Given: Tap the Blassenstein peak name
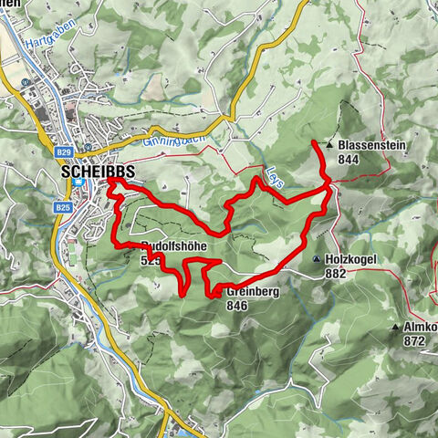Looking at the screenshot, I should tap(370, 145).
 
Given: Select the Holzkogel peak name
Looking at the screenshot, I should tap(350, 259).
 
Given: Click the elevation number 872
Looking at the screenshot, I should tap(415, 340).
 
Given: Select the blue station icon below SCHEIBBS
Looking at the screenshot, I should tap(80, 182).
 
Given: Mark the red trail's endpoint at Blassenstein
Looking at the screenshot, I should tap(315, 143).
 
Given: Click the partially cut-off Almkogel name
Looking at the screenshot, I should tap(420, 327).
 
